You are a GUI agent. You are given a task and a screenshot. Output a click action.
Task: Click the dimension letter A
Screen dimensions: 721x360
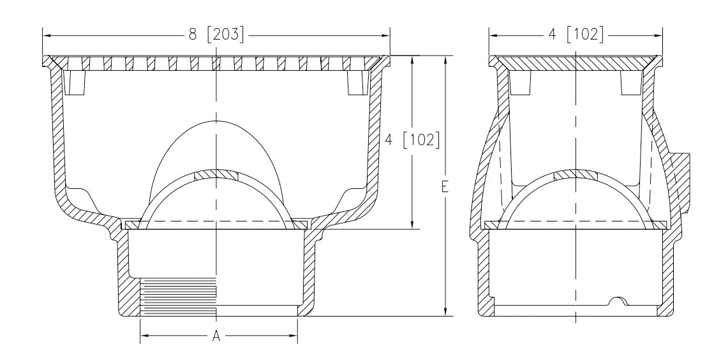tap(216, 336)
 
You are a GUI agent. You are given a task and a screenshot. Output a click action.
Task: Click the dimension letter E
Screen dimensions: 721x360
tap(445, 186)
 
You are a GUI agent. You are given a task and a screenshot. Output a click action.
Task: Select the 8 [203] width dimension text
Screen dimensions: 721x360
tap(216, 34)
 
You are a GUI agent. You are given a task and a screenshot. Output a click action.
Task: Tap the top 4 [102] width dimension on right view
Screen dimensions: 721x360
tap(576, 34)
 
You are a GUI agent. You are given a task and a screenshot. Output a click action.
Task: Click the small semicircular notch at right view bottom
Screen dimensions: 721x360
tap(618, 301)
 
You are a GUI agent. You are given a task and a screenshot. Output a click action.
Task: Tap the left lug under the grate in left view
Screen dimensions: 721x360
tap(74, 82)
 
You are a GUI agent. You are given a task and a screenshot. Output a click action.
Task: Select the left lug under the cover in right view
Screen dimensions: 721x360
tap(520, 82)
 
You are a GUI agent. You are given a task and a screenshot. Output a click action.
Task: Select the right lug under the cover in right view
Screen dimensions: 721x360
tap(631, 82)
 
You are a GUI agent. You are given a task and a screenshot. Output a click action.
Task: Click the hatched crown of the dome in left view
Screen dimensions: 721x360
tap(216, 175)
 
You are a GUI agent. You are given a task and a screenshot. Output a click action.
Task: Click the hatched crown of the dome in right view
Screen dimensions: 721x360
tap(576, 175)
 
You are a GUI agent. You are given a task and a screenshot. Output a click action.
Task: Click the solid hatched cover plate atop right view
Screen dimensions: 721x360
tap(576, 63)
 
